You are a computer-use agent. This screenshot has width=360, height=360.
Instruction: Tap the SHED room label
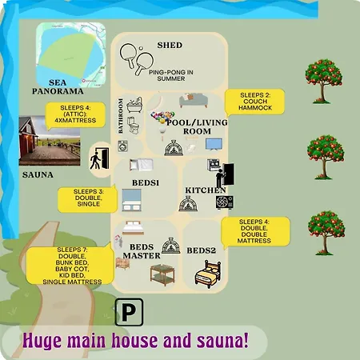tap(170, 45)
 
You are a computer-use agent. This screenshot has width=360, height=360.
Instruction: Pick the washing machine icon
tap(122, 146)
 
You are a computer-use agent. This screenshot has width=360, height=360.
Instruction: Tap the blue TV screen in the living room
tap(214, 145)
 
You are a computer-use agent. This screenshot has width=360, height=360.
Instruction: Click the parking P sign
tap(128, 311)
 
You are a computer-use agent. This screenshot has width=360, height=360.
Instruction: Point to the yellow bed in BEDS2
tap(208, 273)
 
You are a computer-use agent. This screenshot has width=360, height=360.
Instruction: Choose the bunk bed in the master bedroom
tap(162, 274)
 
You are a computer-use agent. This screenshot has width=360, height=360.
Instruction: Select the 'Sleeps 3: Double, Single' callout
tap(89, 198)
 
